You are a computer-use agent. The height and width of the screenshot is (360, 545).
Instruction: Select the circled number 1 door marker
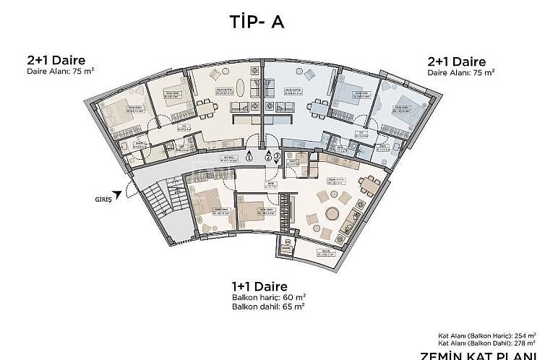(x=249, y=156)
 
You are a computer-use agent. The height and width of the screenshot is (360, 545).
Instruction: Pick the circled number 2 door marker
(x=267, y=156)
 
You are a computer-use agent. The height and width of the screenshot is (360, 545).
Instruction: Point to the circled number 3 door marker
(x=277, y=156)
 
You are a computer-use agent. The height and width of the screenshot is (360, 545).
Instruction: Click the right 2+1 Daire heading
(x=457, y=61)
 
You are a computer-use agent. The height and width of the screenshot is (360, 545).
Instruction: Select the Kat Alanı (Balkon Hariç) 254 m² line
(x=486, y=335)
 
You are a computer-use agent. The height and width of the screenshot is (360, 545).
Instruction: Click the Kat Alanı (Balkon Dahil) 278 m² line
(x=486, y=343)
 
